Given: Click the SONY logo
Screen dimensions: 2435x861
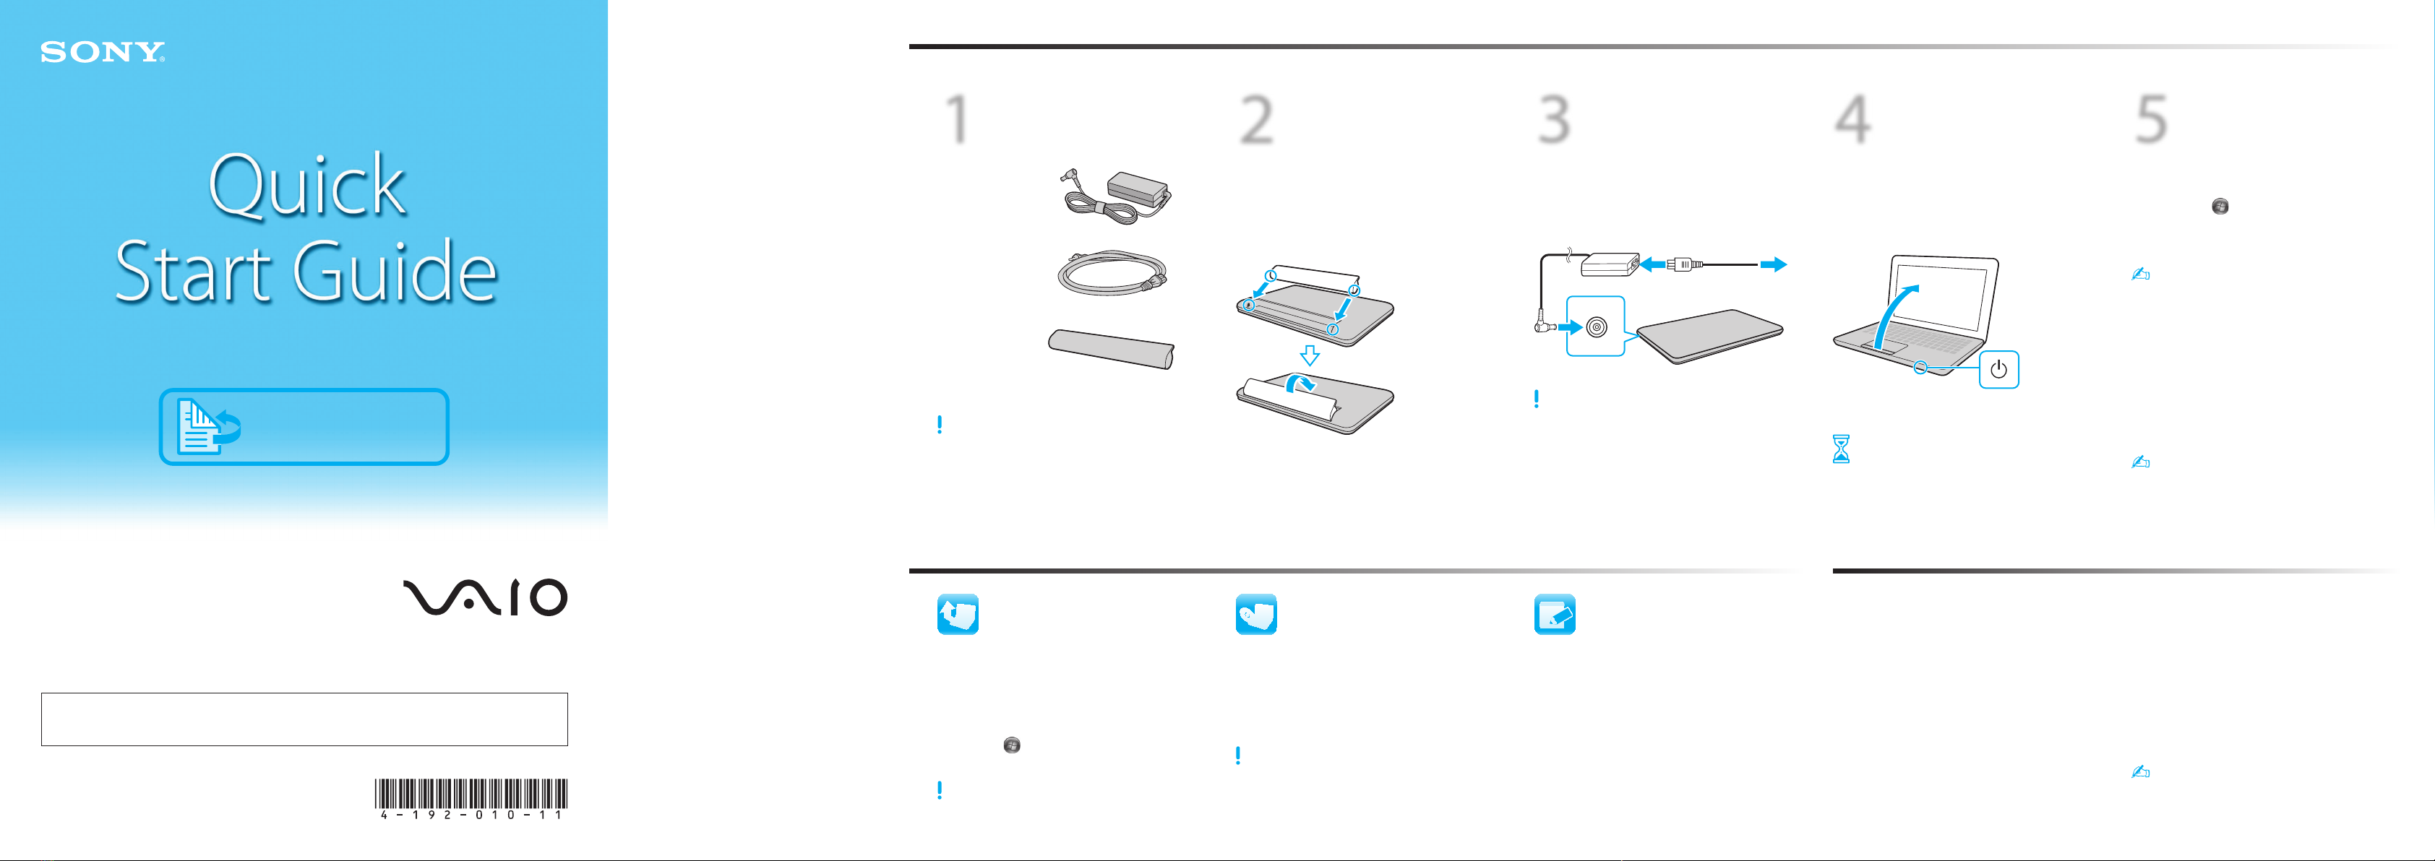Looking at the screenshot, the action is point(102,52).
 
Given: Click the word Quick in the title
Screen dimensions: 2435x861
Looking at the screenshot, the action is point(307,185).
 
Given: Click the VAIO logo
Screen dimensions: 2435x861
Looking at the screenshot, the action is point(485,597).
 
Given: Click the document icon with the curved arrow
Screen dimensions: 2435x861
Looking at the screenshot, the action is point(209,427).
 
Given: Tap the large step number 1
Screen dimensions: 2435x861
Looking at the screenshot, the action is point(958,119).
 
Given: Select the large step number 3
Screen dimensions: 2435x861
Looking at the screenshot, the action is point(1555,119).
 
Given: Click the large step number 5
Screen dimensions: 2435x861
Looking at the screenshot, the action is point(2152,119).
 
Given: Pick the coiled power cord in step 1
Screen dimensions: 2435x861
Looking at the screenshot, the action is point(1112,272).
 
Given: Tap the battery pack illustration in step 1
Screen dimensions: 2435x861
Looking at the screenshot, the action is point(1112,349).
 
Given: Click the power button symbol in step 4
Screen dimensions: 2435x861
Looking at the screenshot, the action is point(1998,370).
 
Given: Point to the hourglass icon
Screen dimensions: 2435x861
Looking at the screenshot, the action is point(1840,449).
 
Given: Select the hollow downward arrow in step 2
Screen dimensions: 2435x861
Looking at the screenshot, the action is point(1309,355).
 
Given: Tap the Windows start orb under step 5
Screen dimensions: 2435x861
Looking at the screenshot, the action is point(2220,206).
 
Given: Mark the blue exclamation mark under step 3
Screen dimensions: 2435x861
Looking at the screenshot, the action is point(1536,399).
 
